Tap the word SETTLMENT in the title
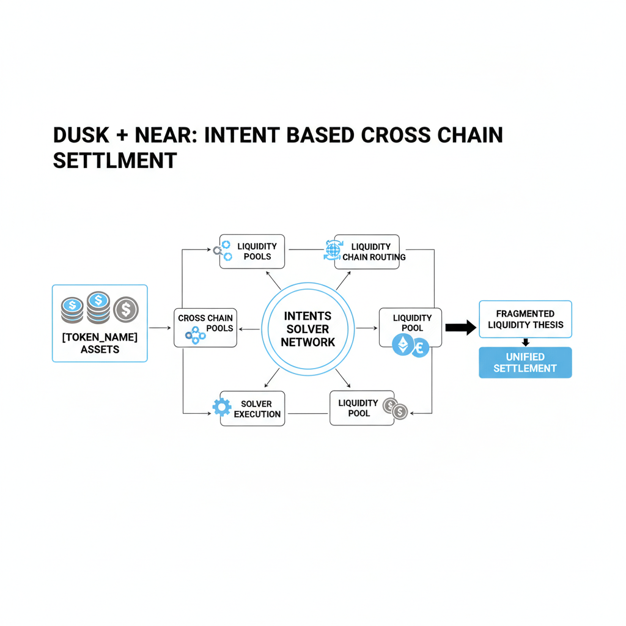115,160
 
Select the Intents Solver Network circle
307,330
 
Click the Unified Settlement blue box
525,363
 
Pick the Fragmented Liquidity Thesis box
525,319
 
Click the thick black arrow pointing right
460,328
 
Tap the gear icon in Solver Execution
221,407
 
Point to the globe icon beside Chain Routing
331,250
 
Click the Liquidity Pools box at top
252,251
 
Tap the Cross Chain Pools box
205,328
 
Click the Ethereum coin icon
402,345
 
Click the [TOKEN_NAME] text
100,337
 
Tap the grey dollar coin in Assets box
126,309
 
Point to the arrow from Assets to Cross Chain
160,328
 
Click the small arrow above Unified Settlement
525,342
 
